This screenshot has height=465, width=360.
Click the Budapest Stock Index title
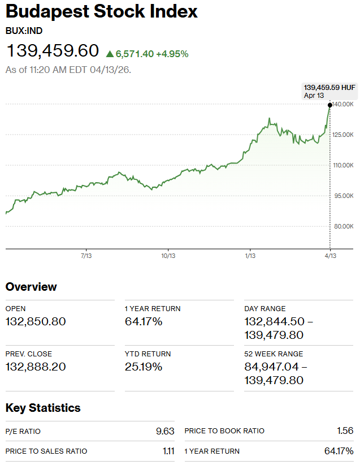(102, 12)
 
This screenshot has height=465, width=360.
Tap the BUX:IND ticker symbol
(24, 31)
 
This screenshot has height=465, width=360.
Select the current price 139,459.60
(53, 51)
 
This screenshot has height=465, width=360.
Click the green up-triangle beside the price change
(110, 54)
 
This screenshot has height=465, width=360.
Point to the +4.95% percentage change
(172, 54)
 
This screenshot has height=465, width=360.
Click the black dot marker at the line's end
(330, 105)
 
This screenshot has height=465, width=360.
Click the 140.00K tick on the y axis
(344, 105)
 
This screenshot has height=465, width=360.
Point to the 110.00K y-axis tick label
(344, 165)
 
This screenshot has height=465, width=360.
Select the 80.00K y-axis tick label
(344, 226)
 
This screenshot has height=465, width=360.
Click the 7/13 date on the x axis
(86, 256)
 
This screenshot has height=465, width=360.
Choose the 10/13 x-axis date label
(168, 256)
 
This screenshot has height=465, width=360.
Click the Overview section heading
(31, 287)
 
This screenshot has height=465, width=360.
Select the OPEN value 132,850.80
(36, 322)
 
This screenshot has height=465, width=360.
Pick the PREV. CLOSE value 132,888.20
(36, 367)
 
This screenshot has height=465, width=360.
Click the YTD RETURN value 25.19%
(144, 367)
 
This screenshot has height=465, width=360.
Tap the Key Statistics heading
(43, 408)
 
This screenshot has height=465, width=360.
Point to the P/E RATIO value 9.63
(165, 431)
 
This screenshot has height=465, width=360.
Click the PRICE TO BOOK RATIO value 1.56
(345, 431)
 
